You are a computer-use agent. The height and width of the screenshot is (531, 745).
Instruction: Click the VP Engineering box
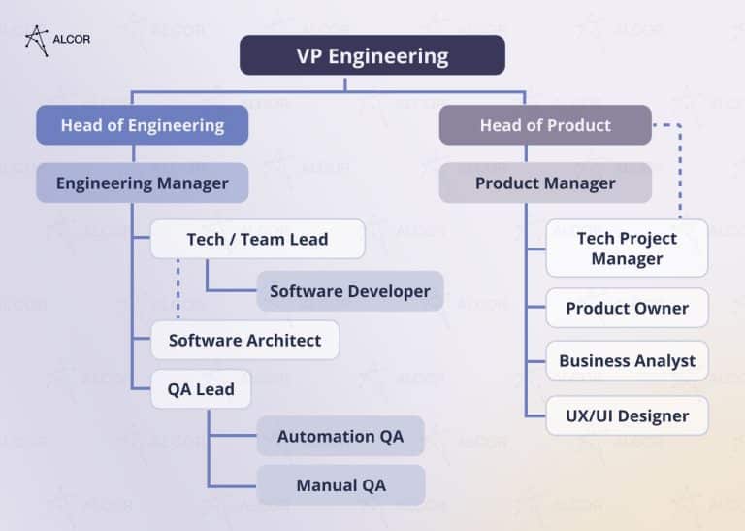372,55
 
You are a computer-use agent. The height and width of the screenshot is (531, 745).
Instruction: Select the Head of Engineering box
142,125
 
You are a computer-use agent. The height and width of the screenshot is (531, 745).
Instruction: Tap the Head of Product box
545,125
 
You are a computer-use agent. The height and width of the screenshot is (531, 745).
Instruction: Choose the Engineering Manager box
142,183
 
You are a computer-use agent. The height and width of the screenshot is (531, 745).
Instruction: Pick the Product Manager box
545,183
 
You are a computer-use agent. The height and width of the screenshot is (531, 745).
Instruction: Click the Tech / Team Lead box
257,239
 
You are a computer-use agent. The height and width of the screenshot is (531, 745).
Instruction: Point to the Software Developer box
349,291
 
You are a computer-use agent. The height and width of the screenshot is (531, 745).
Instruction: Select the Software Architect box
244,340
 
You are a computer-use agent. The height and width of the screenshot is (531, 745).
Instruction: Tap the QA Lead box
200,389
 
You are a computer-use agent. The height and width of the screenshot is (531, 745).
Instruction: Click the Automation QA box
340,436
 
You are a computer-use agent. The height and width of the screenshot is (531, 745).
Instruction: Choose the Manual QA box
340,484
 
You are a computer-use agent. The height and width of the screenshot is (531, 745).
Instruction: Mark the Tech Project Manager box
627,248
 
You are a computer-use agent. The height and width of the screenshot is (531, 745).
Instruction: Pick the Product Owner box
627,308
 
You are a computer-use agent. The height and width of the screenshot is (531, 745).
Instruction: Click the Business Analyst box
627,360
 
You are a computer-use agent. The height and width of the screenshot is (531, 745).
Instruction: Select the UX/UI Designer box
627,415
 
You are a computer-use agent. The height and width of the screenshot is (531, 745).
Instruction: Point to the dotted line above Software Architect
178,289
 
